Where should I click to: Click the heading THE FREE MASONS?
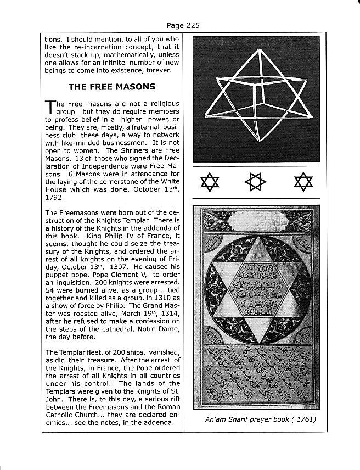point(111,86)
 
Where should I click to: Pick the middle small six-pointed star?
point(255,181)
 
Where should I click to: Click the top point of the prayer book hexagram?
point(254,237)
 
